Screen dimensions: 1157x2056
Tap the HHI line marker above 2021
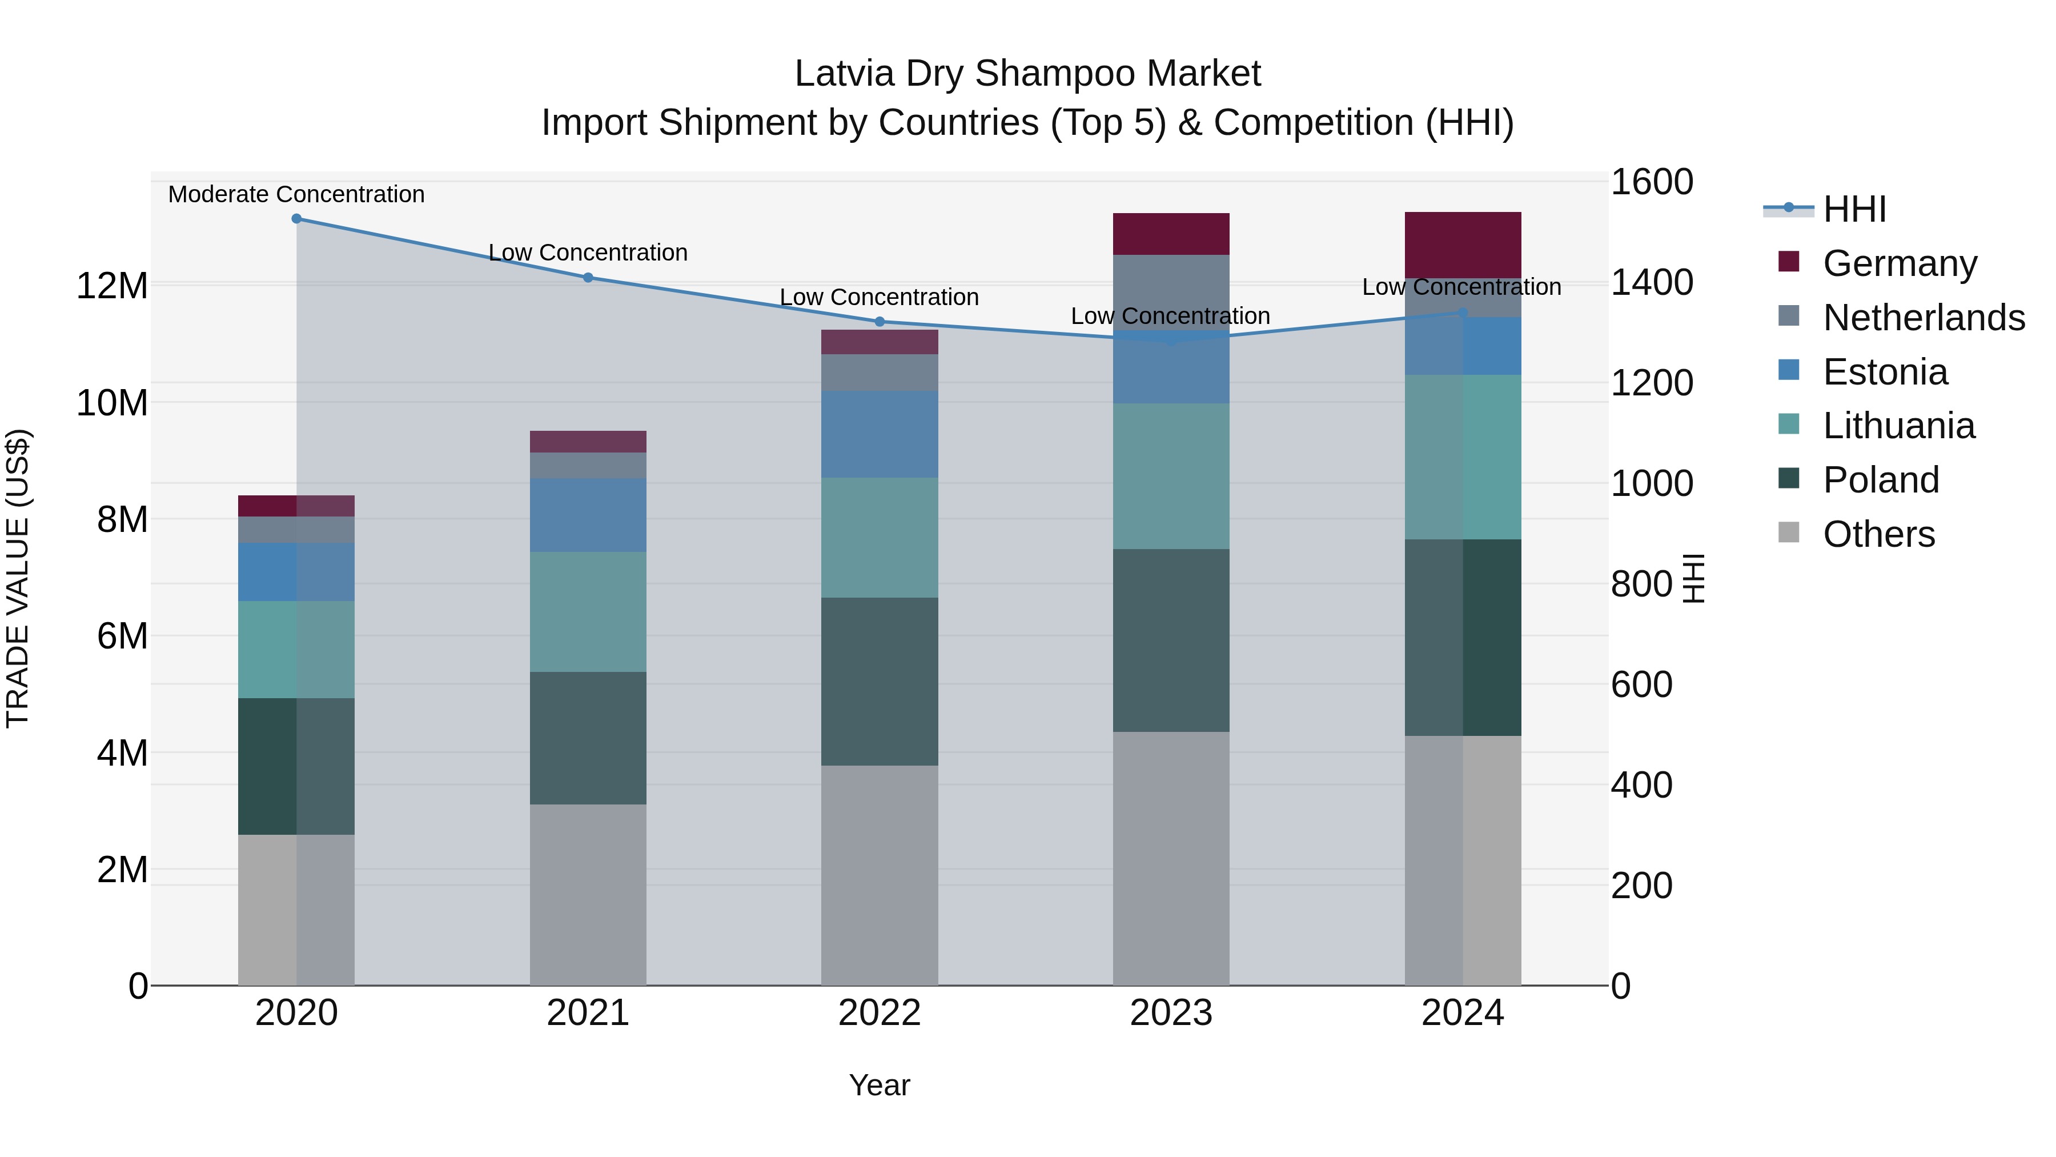click(588, 277)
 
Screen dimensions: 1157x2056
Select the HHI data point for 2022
click(880, 322)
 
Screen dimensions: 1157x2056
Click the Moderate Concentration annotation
click(296, 194)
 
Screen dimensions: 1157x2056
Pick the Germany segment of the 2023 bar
click(1171, 234)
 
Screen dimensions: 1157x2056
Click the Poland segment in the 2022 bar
click(880, 681)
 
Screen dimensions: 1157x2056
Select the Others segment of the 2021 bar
click(588, 894)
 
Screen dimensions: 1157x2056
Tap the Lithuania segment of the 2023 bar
click(1171, 476)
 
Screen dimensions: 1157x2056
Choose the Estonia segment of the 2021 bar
click(588, 515)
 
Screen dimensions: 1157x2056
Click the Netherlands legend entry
click(1924, 317)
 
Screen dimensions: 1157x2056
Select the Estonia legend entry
click(1885, 371)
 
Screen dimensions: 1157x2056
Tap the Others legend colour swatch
click(1789, 533)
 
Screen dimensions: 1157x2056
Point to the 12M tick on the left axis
click(112, 286)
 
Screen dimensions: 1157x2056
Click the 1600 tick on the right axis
click(1651, 182)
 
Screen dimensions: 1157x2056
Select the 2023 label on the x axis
click(1171, 1013)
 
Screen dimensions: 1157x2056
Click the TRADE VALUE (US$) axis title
click(18, 578)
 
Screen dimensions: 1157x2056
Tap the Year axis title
click(880, 1085)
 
